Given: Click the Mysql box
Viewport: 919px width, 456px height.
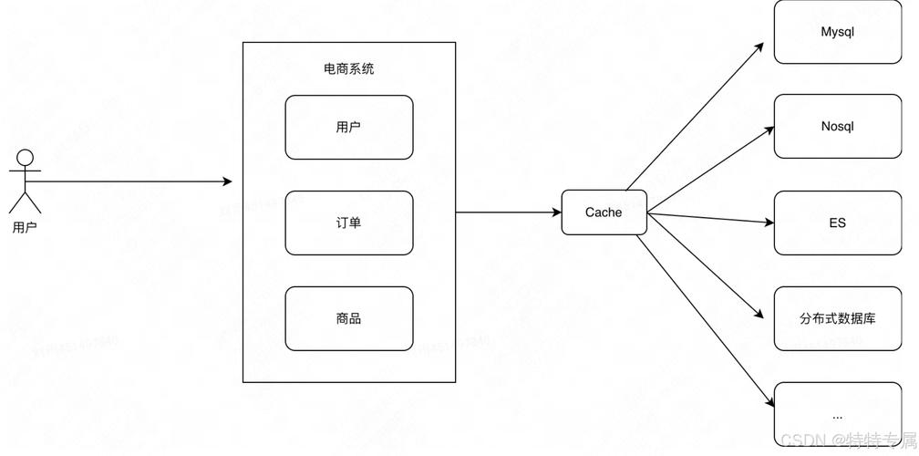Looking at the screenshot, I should [837, 33].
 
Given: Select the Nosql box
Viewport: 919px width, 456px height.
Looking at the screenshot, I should [837, 127].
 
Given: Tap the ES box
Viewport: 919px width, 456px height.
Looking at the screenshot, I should [837, 223].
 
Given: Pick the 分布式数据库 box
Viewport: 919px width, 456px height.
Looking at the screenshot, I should [837, 318].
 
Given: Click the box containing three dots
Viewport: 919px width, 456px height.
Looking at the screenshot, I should [837, 415].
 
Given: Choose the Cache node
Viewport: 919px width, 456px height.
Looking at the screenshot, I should [604, 212].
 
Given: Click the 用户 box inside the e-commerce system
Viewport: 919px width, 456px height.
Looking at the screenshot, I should [348, 128].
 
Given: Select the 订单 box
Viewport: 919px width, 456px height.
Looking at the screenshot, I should [348, 223].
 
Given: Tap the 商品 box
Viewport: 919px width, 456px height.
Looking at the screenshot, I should [348, 318].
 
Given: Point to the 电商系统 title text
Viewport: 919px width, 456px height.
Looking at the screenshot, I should [348, 69].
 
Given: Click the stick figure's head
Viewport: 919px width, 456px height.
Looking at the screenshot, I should [25, 157].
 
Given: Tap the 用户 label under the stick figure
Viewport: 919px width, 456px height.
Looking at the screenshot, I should [25, 227].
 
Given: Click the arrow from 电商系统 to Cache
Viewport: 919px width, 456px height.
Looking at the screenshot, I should [508, 212].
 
